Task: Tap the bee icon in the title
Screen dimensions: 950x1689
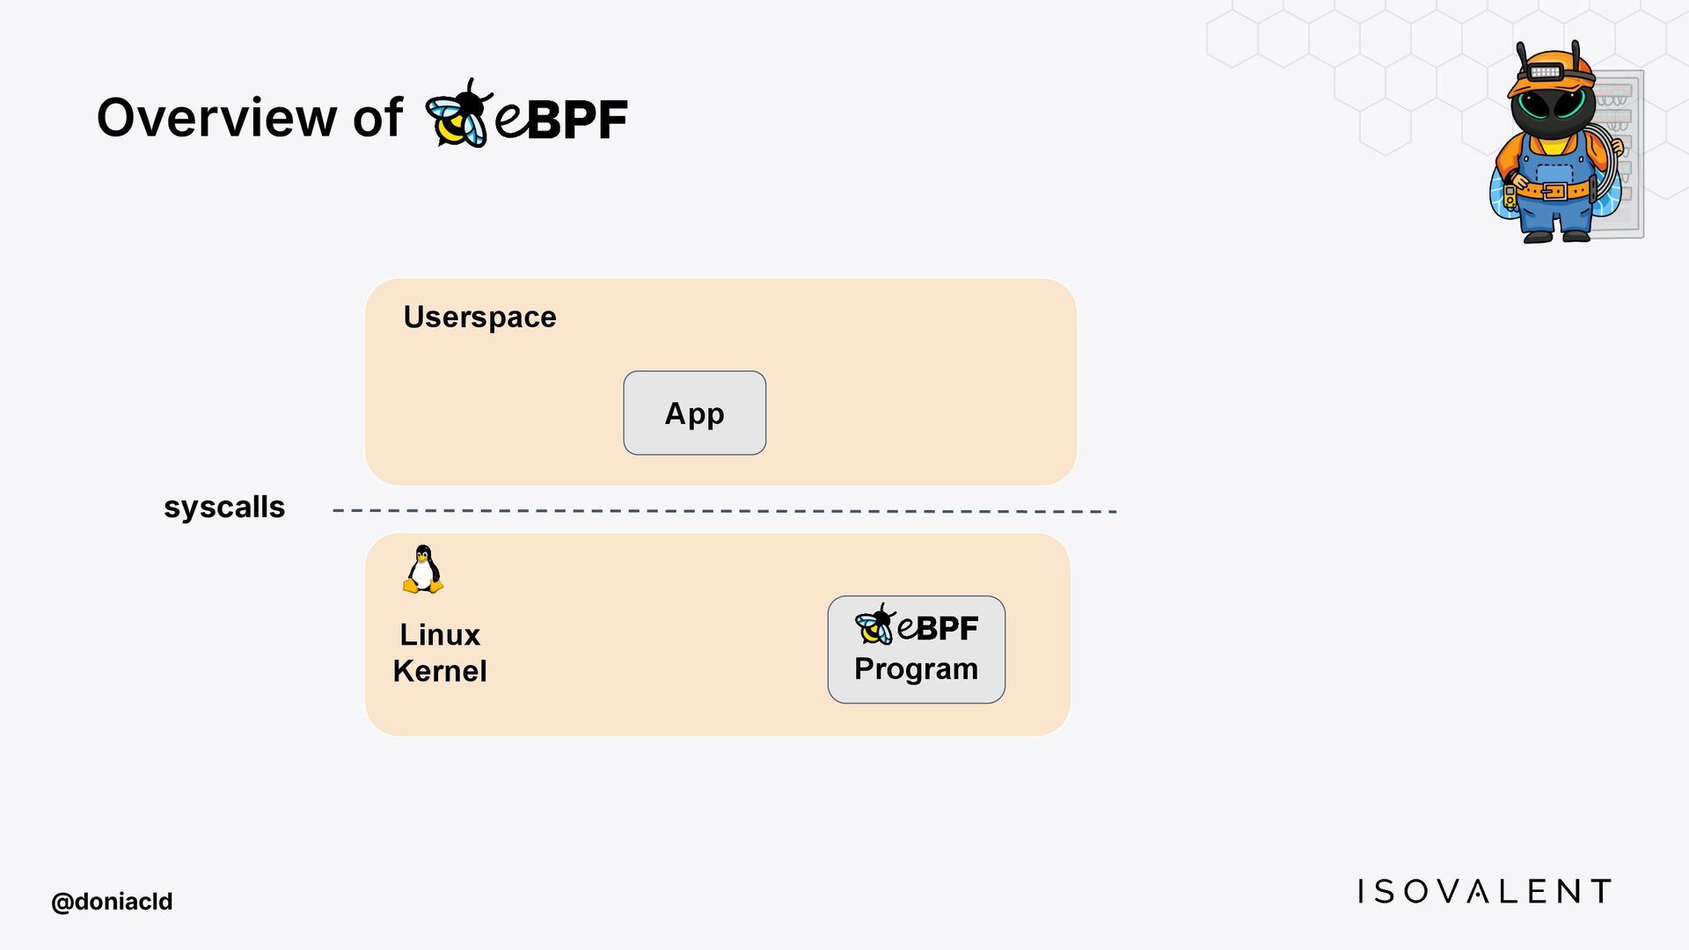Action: pyautogui.click(x=457, y=114)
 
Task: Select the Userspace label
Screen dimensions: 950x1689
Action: pyautogui.click(x=479, y=317)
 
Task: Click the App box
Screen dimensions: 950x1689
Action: pyautogui.click(x=694, y=413)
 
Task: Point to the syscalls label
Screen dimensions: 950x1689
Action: pyautogui.click(x=224, y=507)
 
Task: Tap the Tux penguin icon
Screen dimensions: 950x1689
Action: pyautogui.click(x=423, y=569)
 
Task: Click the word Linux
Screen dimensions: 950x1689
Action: pyautogui.click(x=440, y=634)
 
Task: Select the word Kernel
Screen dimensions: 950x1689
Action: pyautogui.click(x=440, y=670)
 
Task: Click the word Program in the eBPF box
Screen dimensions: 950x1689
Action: pyautogui.click(x=916, y=669)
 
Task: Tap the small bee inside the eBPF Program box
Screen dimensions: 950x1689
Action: pyautogui.click(x=874, y=625)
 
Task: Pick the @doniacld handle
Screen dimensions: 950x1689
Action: pyautogui.click(x=112, y=902)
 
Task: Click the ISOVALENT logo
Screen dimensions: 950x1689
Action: pyautogui.click(x=1484, y=891)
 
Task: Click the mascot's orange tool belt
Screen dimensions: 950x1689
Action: pyautogui.click(x=1554, y=190)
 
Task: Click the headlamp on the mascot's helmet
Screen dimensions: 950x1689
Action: pyautogui.click(x=1546, y=71)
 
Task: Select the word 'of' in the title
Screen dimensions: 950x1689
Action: pyautogui.click(x=377, y=117)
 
